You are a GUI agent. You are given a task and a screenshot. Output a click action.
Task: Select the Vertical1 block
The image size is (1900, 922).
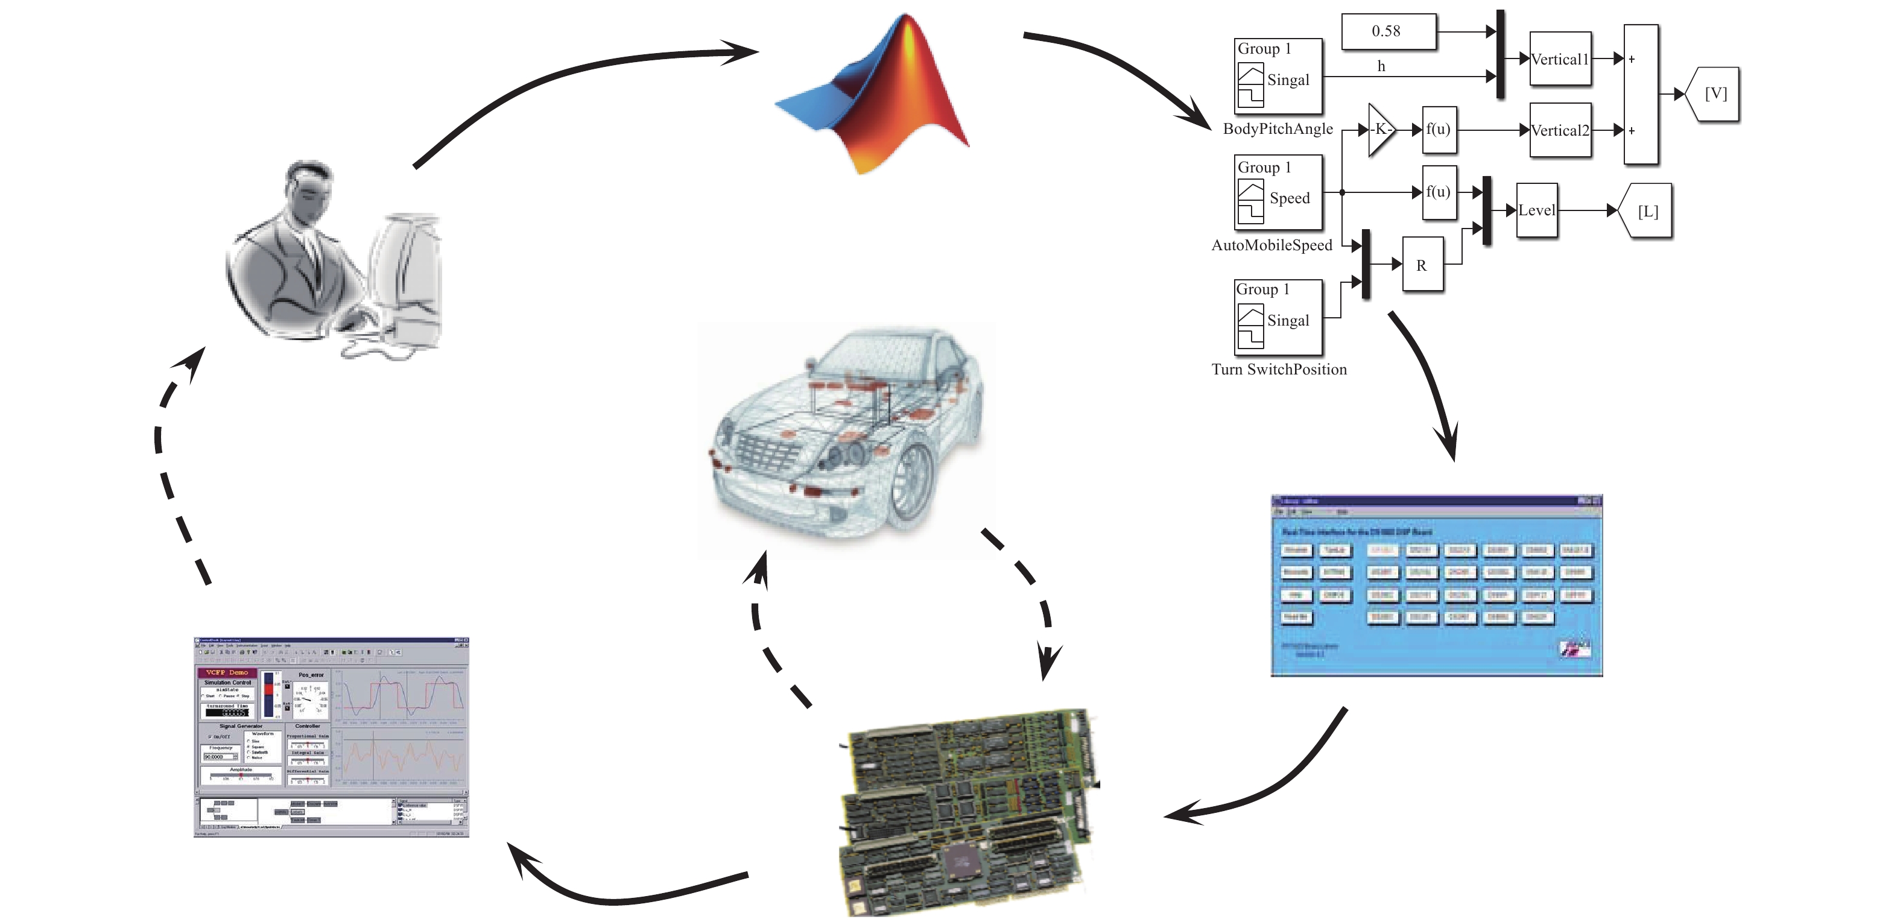[1559, 59]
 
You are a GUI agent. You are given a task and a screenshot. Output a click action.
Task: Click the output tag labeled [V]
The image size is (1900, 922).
[1714, 93]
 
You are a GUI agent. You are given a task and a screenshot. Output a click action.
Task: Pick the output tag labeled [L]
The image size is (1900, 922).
[1646, 211]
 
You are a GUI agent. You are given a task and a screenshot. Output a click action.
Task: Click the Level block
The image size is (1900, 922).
[1536, 210]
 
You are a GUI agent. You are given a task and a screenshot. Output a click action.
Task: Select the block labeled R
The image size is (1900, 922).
[1421, 265]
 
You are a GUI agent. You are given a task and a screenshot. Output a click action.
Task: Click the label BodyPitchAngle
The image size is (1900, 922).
[1278, 129]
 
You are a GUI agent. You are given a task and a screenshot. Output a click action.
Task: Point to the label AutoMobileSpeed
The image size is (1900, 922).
[1271, 245]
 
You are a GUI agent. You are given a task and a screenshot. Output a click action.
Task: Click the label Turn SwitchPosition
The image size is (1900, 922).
[1279, 370]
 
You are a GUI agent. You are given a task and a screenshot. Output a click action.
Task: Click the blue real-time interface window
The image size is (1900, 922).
[1436, 586]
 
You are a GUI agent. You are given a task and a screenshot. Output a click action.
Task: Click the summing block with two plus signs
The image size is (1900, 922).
[1641, 95]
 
